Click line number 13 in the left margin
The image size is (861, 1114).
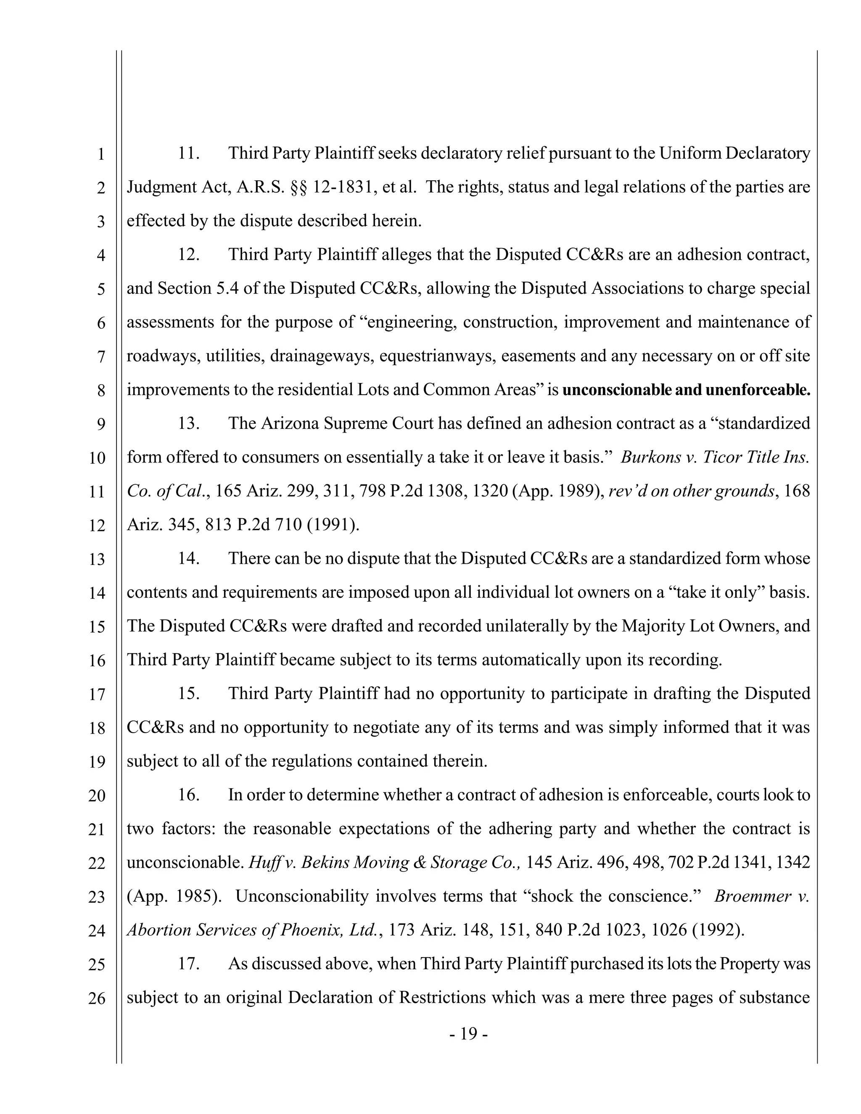click(96, 560)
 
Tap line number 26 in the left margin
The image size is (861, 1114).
click(96, 998)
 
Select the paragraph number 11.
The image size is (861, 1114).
click(188, 153)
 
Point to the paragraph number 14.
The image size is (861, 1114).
click(188, 559)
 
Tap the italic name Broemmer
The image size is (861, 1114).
click(748, 896)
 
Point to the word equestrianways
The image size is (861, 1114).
click(437, 356)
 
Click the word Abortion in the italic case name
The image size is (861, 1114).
click(158, 930)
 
